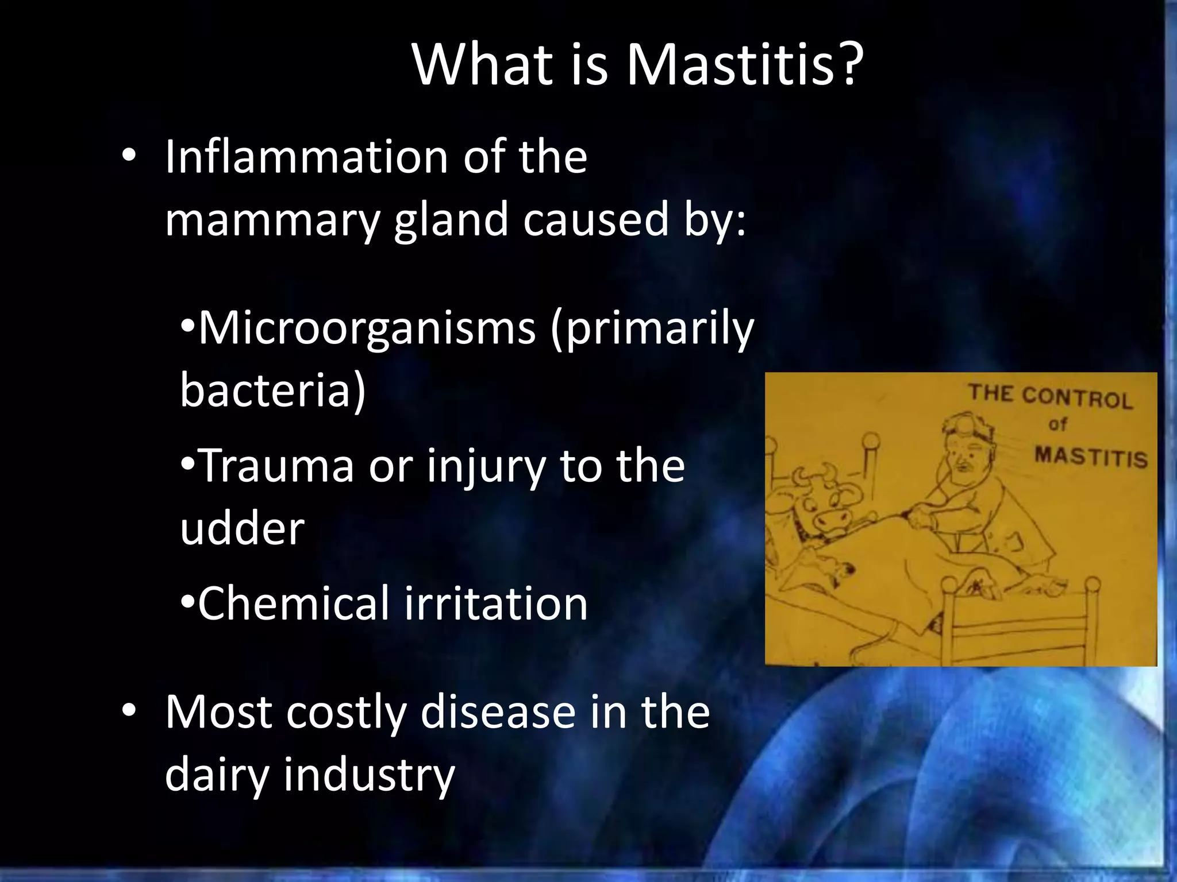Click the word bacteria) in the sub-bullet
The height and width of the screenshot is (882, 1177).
pos(272,390)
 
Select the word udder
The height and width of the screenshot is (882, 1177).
pos(242,528)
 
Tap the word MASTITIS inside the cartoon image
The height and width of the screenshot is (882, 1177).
pos(1090,457)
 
